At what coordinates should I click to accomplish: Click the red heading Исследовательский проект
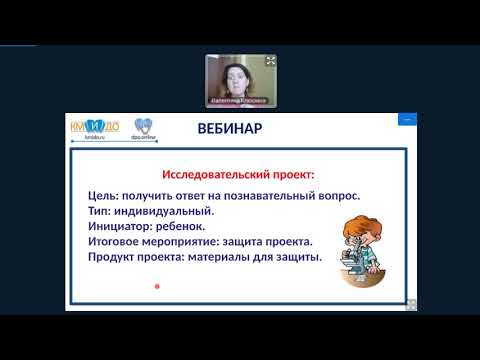(239, 174)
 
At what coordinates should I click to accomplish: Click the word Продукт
(113, 257)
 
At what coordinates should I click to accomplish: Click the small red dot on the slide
(157, 286)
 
